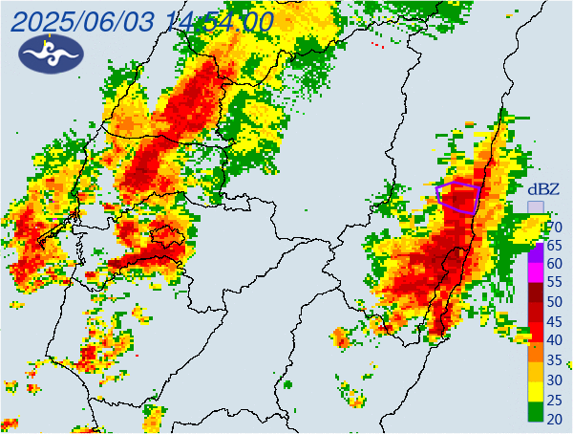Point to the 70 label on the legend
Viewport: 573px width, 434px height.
coord(554,227)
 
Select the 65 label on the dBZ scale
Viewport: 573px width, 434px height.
coord(554,245)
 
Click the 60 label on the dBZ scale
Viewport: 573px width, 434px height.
coord(554,264)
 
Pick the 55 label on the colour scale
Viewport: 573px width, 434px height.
coord(554,283)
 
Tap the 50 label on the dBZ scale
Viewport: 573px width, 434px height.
coord(554,302)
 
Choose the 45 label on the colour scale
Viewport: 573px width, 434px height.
coord(554,321)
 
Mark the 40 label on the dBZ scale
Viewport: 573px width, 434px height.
coord(554,340)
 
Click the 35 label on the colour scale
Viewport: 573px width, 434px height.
coord(554,360)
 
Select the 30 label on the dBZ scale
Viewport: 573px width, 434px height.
coord(554,380)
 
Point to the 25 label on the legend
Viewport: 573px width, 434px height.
coord(554,399)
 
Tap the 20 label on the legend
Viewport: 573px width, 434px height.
coord(554,418)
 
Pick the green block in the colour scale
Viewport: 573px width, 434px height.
coord(537,413)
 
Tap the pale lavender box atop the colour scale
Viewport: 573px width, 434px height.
coord(537,207)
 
